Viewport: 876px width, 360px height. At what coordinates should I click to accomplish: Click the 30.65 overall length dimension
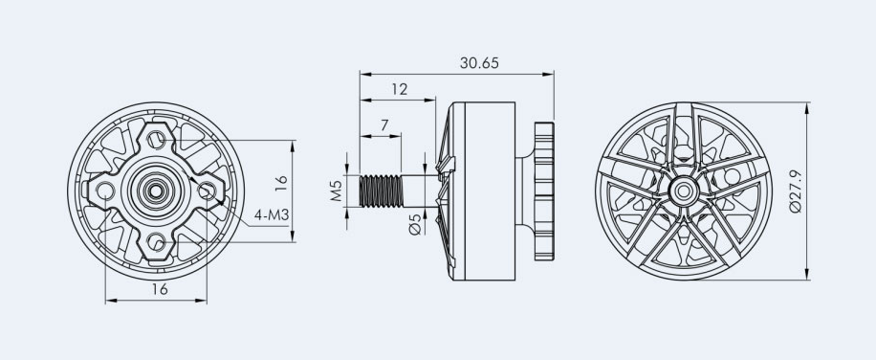point(479,63)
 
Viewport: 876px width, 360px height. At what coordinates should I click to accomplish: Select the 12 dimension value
point(400,89)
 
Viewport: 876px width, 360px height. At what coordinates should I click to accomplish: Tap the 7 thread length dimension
point(384,125)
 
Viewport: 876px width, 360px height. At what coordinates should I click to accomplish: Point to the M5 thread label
point(336,191)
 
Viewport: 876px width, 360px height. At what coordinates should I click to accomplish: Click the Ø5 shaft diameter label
point(415,225)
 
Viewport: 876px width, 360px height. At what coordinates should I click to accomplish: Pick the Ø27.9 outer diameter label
point(796,191)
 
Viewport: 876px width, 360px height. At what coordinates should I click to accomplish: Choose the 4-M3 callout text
point(272,214)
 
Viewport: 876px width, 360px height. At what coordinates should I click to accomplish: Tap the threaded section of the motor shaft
point(381,191)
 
